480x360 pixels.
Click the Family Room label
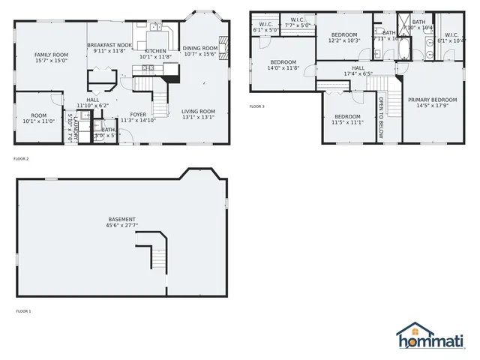tap(51, 55)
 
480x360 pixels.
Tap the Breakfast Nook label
tap(109, 46)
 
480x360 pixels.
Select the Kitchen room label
tap(155, 50)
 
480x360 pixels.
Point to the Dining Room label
tap(199, 47)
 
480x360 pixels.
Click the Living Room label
tap(199, 110)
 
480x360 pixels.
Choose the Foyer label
tap(138, 115)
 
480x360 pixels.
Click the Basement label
tap(121, 220)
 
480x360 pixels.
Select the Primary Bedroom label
tap(433, 100)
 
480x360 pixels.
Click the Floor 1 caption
tap(23, 310)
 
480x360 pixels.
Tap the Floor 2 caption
tap(21, 159)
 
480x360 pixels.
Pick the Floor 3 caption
tap(256, 106)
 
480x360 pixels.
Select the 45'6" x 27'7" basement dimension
tap(121, 226)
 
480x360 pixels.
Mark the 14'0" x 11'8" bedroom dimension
tap(283, 68)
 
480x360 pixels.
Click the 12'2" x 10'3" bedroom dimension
tap(344, 40)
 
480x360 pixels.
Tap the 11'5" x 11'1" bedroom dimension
tap(349, 121)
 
